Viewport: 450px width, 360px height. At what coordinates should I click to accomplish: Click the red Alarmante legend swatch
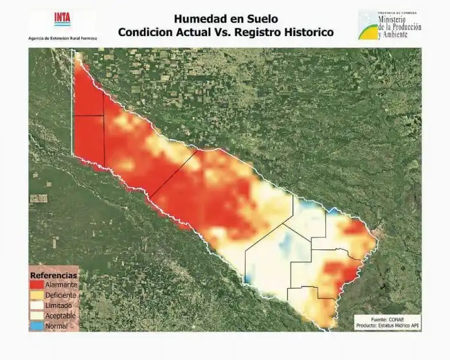[x=36, y=285]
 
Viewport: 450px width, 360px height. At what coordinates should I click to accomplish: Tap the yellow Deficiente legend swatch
[x=36, y=295]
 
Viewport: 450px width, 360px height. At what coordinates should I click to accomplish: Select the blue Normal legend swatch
[x=36, y=326]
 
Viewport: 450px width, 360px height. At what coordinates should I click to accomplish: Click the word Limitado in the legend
[x=59, y=305]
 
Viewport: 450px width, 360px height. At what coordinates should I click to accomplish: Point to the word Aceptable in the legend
[x=60, y=316]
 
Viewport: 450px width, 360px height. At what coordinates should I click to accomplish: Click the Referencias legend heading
[x=53, y=275]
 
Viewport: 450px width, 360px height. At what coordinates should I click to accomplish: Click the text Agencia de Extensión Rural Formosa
[x=63, y=38]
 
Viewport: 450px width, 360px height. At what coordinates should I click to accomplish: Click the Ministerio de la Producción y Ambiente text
[x=401, y=27]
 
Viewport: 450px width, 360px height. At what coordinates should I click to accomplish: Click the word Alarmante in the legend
[x=61, y=285]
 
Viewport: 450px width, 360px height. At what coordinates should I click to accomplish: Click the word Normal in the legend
[x=57, y=326]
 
